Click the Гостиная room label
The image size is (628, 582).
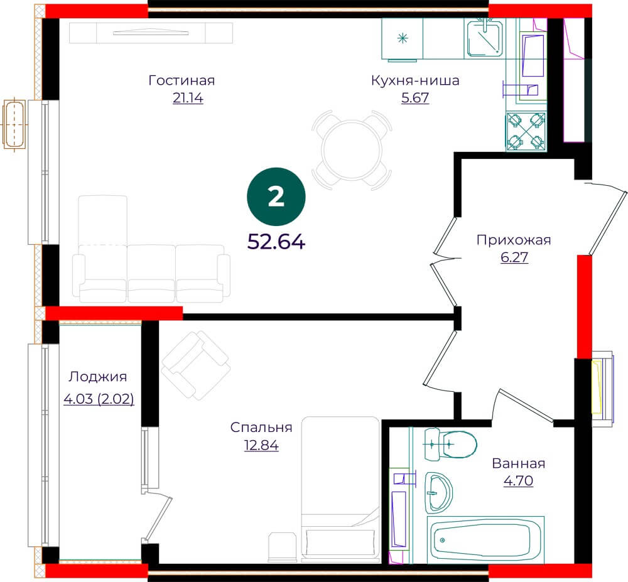tap(181, 80)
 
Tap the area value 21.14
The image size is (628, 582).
tap(188, 98)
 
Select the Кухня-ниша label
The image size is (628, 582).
tap(415, 80)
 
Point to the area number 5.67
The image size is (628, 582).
tap(415, 98)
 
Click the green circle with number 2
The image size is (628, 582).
tap(276, 197)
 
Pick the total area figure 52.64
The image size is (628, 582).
tap(276, 242)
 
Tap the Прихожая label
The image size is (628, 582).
tap(514, 240)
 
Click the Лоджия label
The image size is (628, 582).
tap(98, 377)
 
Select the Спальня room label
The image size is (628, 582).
tap(261, 428)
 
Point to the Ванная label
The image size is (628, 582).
tap(518, 463)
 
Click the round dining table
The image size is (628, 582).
tap(352, 150)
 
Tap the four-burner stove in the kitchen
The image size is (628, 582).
tap(526, 131)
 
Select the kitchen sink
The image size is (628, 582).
tap(485, 39)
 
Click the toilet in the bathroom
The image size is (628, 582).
tap(450, 443)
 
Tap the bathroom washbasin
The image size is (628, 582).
tap(438, 492)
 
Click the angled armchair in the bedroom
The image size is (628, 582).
tap(196, 365)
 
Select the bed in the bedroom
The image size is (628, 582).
tap(340, 488)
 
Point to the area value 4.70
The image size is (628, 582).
tap(518, 480)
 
